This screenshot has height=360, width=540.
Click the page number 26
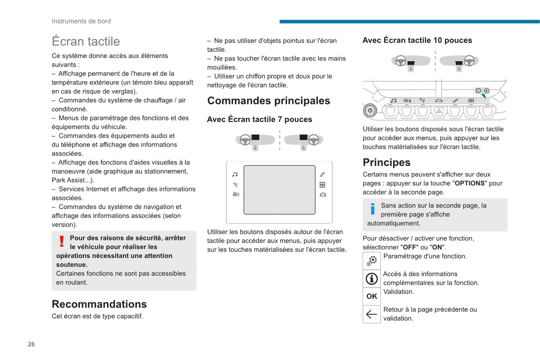coord(31,344)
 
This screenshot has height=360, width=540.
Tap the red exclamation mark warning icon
coord(62,242)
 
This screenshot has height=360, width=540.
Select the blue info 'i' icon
coord(373,209)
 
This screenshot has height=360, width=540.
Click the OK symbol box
coord(371,297)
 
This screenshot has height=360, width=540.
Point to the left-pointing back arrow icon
coord(371,314)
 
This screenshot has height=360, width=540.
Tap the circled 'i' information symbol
coord(371,279)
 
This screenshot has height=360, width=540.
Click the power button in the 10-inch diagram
coord(370,110)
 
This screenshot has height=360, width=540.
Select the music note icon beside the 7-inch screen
coord(235,174)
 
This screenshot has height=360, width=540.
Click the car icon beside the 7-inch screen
coord(322,195)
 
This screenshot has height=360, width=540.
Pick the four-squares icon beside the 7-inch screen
coord(322,185)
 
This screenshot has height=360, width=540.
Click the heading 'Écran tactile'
coord(86,41)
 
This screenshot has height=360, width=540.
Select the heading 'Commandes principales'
coord(268,101)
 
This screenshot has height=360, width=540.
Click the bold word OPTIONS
coord(469,184)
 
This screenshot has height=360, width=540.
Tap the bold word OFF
coord(409,248)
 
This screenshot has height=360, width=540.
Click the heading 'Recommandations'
coord(99,304)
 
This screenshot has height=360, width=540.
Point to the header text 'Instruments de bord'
coord(81,21)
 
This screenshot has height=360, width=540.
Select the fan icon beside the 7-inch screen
coord(236,195)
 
